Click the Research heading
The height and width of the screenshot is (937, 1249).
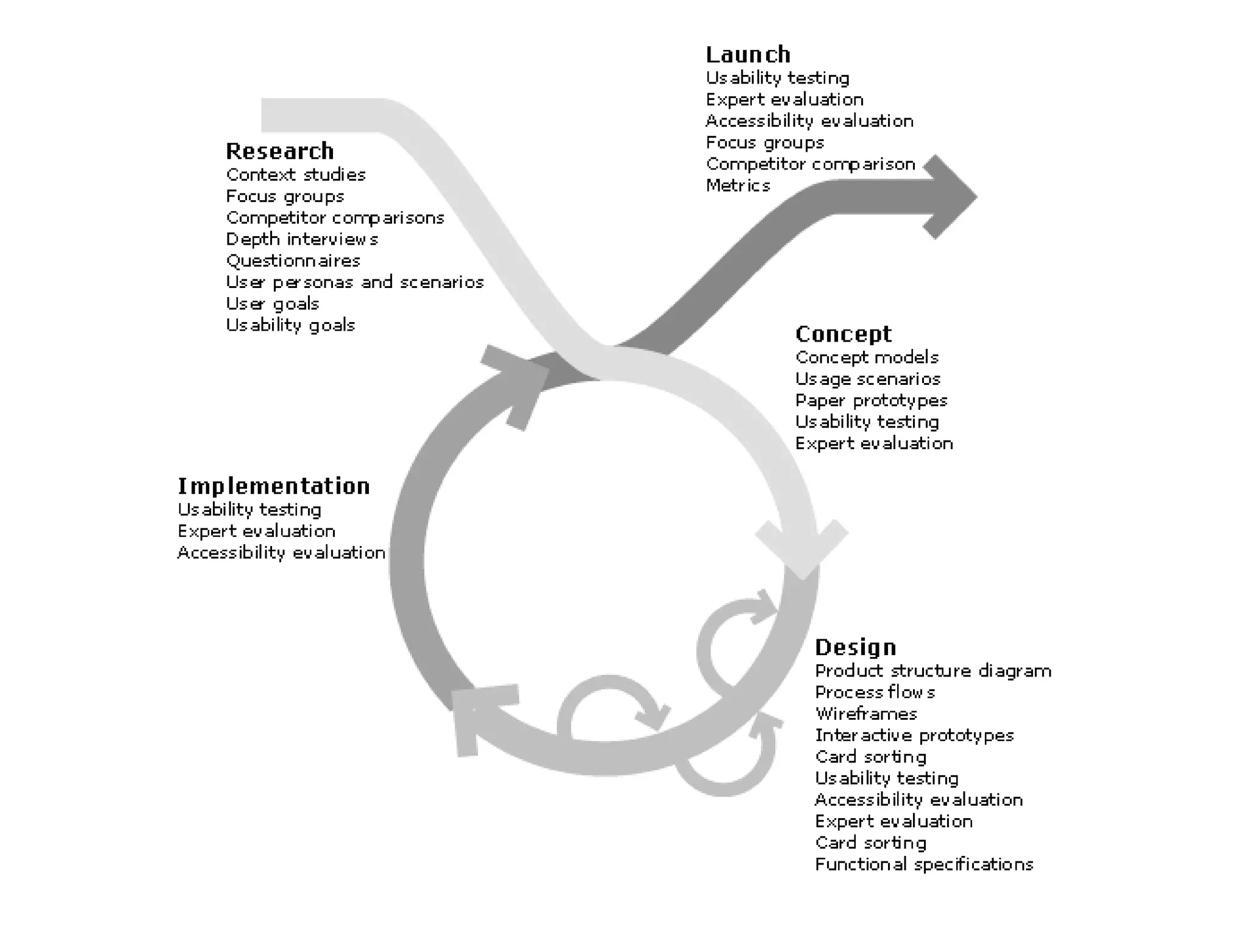pyautogui.click(x=280, y=151)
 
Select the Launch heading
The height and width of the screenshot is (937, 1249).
pyautogui.click(x=748, y=54)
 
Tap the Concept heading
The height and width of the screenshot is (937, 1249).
pyautogui.click(x=843, y=334)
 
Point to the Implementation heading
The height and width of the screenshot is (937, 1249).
pyautogui.click(x=274, y=486)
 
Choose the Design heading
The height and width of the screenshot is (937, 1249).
pyautogui.click(x=856, y=647)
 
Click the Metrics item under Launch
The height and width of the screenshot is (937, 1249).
pyautogui.click(x=738, y=185)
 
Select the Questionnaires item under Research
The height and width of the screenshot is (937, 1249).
pyautogui.click(x=293, y=261)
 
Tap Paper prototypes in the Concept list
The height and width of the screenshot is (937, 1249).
pyautogui.click(x=871, y=401)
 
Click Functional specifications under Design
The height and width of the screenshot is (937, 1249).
pyautogui.click(x=924, y=864)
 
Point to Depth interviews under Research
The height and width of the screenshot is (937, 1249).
pyautogui.click(x=302, y=239)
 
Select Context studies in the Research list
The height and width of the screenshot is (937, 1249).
pyautogui.click(x=296, y=175)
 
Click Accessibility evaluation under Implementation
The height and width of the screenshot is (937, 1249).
pyautogui.click(x=281, y=553)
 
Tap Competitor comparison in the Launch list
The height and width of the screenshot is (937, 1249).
pyautogui.click(x=811, y=164)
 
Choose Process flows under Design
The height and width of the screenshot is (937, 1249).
pyautogui.click(x=875, y=692)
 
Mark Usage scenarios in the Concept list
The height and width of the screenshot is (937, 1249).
pyautogui.click(x=867, y=379)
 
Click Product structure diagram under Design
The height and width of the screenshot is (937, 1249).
pyautogui.click(x=933, y=671)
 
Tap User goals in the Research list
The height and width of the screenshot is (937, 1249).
pyautogui.click(x=273, y=304)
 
